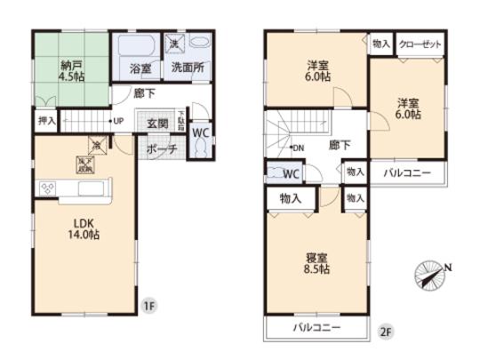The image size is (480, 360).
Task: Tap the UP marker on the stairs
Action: (x=116, y=120)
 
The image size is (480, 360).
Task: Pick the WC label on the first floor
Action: (x=200, y=133)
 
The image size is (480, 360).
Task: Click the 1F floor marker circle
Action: (x=150, y=307)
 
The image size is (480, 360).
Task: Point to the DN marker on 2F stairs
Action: (x=300, y=147)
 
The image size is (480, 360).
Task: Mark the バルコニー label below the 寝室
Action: (x=317, y=328)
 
